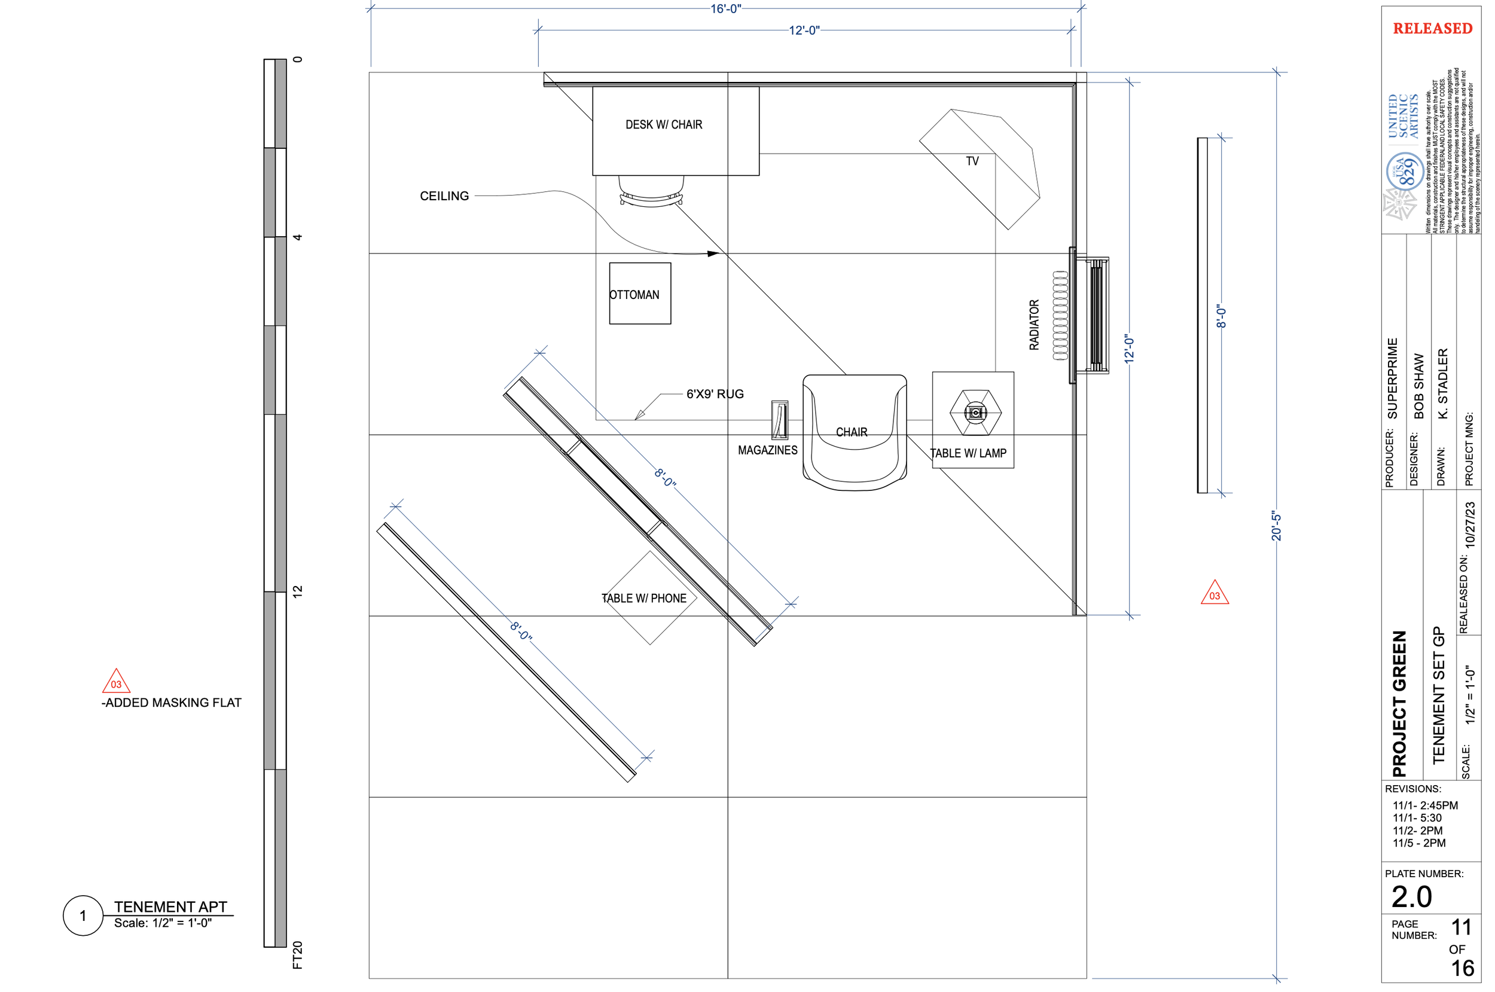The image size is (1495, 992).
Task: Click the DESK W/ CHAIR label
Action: coord(664,124)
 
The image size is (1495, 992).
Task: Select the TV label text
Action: coord(972,161)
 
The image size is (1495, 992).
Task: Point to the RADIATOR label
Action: coord(1034,325)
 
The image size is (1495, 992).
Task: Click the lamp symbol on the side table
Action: coord(975,413)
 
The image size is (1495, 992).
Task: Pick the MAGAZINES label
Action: coord(767,450)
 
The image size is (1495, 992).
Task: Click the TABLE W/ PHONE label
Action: coord(643,599)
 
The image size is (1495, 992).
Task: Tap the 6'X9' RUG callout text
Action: coord(715,394)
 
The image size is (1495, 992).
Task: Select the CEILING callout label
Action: coord(444,196)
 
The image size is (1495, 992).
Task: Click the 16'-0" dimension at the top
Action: coord(725,9)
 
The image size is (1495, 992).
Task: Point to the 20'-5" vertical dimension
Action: coord(1276,526)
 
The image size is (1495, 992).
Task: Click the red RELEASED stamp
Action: coord(1432,29)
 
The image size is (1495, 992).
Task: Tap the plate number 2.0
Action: coord(1411,897)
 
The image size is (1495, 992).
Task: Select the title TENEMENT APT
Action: coord(170,906)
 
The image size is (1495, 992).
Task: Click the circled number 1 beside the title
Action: coord(83,915)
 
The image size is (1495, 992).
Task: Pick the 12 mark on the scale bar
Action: coord(297,591)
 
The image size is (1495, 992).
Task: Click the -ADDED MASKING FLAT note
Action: coord(172,703)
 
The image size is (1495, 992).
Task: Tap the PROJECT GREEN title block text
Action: coord(1399,704)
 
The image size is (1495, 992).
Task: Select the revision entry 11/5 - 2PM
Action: coord(1419,843)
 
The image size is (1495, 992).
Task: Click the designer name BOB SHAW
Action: coord(1418,386)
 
